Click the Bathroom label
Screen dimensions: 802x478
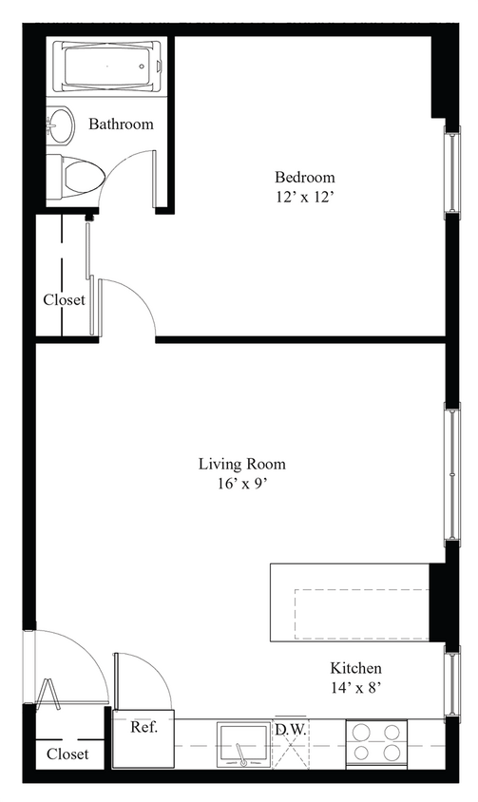121,124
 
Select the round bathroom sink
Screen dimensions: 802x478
61,123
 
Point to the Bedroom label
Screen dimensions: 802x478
304,177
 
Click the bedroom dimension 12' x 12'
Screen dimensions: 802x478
304,198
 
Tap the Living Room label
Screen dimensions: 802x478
241,465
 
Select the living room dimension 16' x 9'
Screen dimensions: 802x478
241,485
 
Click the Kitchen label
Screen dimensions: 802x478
355,668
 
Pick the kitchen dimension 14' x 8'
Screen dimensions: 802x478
355,688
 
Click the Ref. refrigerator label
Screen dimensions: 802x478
143,729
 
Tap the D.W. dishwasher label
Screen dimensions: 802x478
289,730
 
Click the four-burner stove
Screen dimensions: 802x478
375,743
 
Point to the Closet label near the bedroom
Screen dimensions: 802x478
64,299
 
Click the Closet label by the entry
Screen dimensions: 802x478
67,754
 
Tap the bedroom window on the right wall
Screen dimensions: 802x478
452,169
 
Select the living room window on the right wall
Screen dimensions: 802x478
452,473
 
